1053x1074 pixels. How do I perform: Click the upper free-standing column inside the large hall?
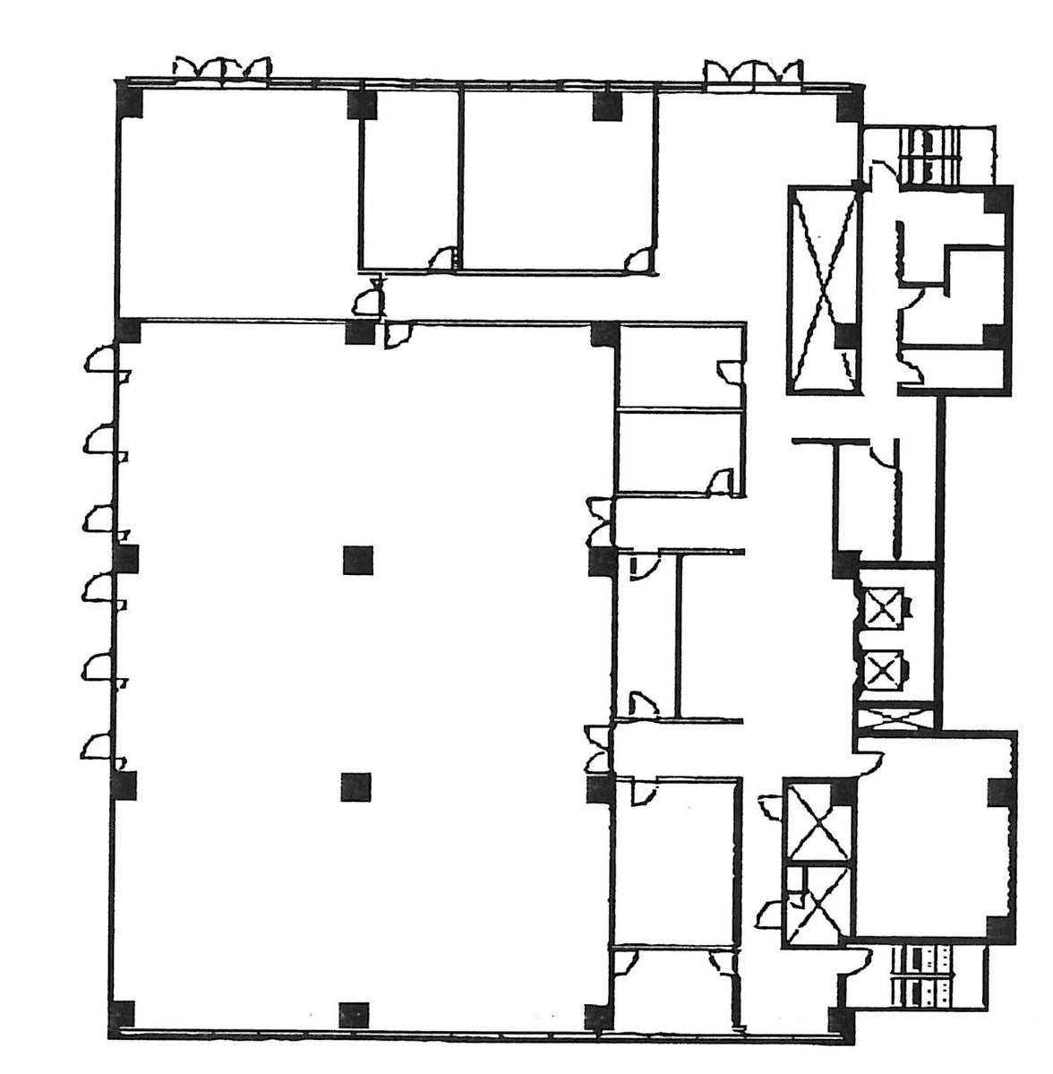[358, 560]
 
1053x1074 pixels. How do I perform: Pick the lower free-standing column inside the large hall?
[356, 786]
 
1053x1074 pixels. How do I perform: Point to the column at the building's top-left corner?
[130, 100]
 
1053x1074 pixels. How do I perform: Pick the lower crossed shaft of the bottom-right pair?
[817, 905]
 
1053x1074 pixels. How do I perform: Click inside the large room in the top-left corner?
[237, 202]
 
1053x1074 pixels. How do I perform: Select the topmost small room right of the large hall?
[681, 367]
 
